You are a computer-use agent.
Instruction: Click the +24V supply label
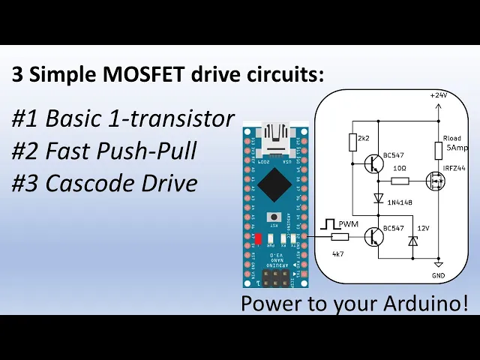[x=439, y=95]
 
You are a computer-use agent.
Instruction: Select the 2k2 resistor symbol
[x=352, y=142]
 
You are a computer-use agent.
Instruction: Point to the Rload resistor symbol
[x=438, y=150]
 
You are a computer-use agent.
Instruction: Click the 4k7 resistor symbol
[x=338, y=236]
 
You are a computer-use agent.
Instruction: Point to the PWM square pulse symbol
[x=328, y=223]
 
